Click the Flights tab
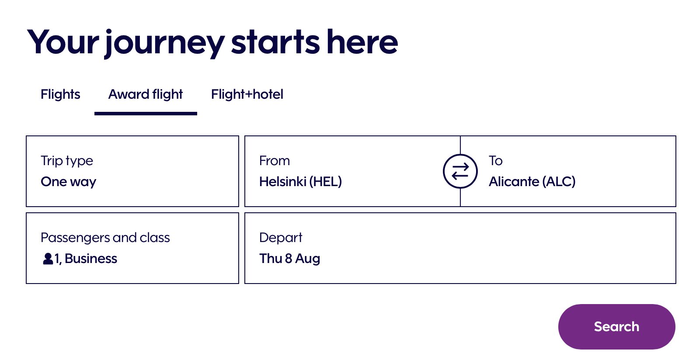[60, 94]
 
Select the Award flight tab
[146, 94]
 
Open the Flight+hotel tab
[247, 94]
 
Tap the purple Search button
[616, 326]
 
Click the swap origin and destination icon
[460, 171]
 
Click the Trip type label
[67, 161]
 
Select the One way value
[68, 182]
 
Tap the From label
[275, 161]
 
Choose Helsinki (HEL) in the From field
[300, 182]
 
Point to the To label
[495, 161]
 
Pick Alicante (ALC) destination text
[532, 182]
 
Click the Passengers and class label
[105, 238]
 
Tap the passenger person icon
[48, 259]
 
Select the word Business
[91, 259]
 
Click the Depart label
[281, 238]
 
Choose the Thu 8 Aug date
[290, 259]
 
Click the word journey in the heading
[165, 43]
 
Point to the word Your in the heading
[63, 42]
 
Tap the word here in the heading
[362, 42]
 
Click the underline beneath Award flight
[146, 114]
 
